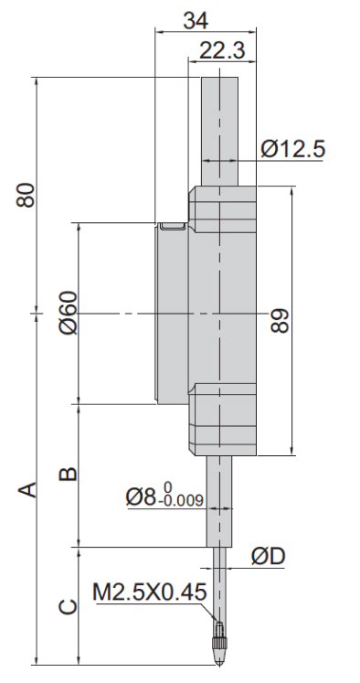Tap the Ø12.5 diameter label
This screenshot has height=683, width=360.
[x=292, y=149]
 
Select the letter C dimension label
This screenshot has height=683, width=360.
[x=67, y=606]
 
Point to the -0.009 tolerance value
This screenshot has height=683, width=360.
[x=182, y=502]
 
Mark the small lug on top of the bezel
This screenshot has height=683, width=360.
[x=170, y=225]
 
